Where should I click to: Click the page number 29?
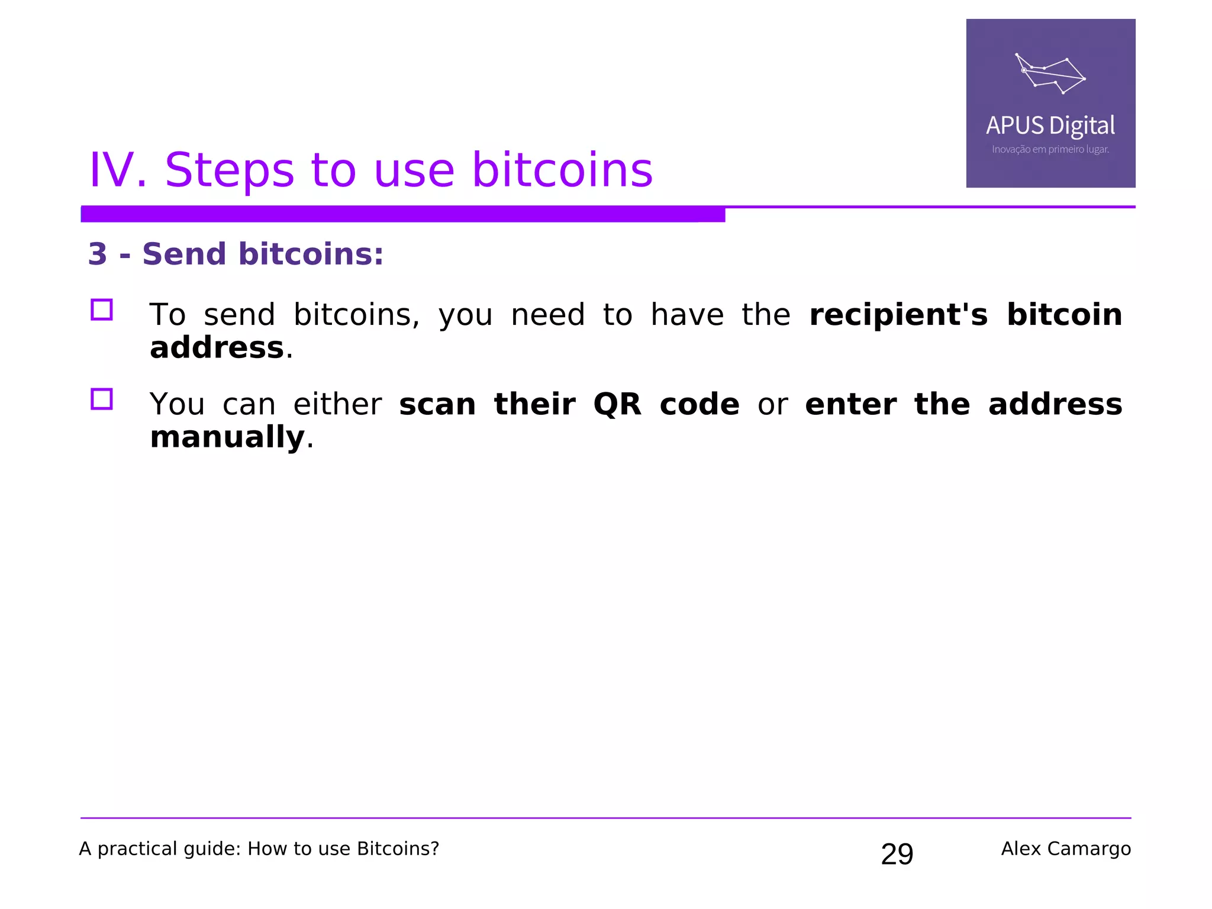(x=897, y=854)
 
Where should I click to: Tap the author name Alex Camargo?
(x=1065, y=849)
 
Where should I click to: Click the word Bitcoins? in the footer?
(x=398, y=849)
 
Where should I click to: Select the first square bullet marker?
(x=102, y=310)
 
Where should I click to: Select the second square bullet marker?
(x=102, y=399)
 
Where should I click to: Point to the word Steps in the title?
(x=229, y=170)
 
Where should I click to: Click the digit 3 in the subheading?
(x=98, y=254)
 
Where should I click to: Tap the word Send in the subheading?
(x=184, y=254)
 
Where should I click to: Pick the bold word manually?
(x=227, y=437)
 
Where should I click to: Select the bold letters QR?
(x=617, y=405)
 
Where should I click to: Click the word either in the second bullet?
(x=337, y=405)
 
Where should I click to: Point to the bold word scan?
(x=437, y=405)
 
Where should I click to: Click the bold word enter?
(x=850, y=405)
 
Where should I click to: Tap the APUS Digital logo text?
(x=1050, y=125)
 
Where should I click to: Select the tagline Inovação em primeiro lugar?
(x=1050, y=149)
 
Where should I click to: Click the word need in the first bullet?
(x=547, y=314)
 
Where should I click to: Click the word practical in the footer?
(x=137, y=849)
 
